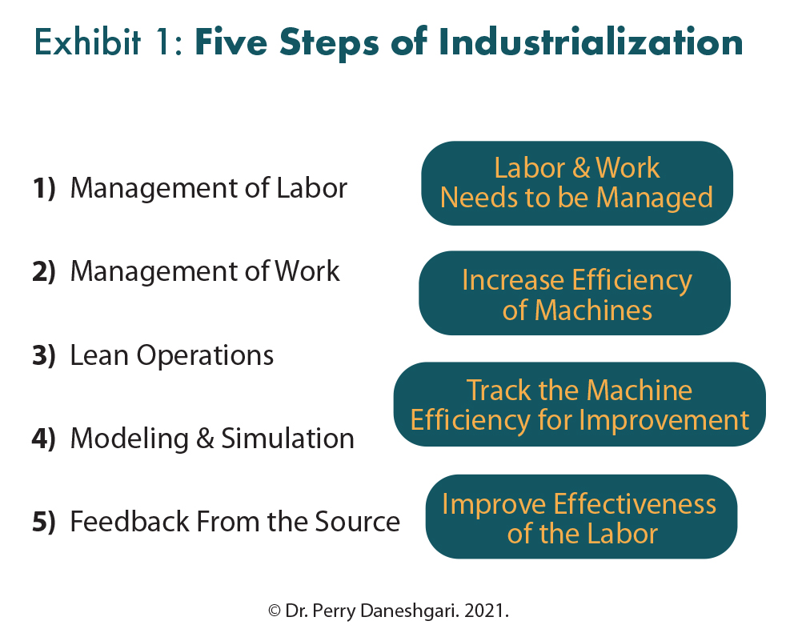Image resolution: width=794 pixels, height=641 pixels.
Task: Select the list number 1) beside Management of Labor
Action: [43, 188]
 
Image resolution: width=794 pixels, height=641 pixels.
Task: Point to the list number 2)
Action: [43, 271]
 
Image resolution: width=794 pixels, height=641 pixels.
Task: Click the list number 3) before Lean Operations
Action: [43, 355]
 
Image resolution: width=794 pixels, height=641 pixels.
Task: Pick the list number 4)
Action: [43, 439]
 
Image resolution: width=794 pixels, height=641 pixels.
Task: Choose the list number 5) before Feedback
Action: [43, 522]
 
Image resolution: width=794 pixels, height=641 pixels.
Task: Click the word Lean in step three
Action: [99, 355]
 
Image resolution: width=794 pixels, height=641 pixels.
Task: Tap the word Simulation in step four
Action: [287, 439]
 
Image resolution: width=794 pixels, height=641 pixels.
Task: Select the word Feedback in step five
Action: [129, 522]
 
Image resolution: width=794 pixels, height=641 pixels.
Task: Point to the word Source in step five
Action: [358, 522]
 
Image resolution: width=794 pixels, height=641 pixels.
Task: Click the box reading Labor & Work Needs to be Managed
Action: [577, 183]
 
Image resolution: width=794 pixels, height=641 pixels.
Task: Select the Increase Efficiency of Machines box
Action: [575, 293]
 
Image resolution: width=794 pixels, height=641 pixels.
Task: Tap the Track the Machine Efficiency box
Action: [579, 404]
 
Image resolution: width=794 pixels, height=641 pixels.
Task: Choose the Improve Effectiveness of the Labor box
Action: [581, 516]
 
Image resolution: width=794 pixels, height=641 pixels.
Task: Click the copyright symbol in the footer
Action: [275, 611]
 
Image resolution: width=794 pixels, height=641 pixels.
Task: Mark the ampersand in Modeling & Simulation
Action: [205, 439]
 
